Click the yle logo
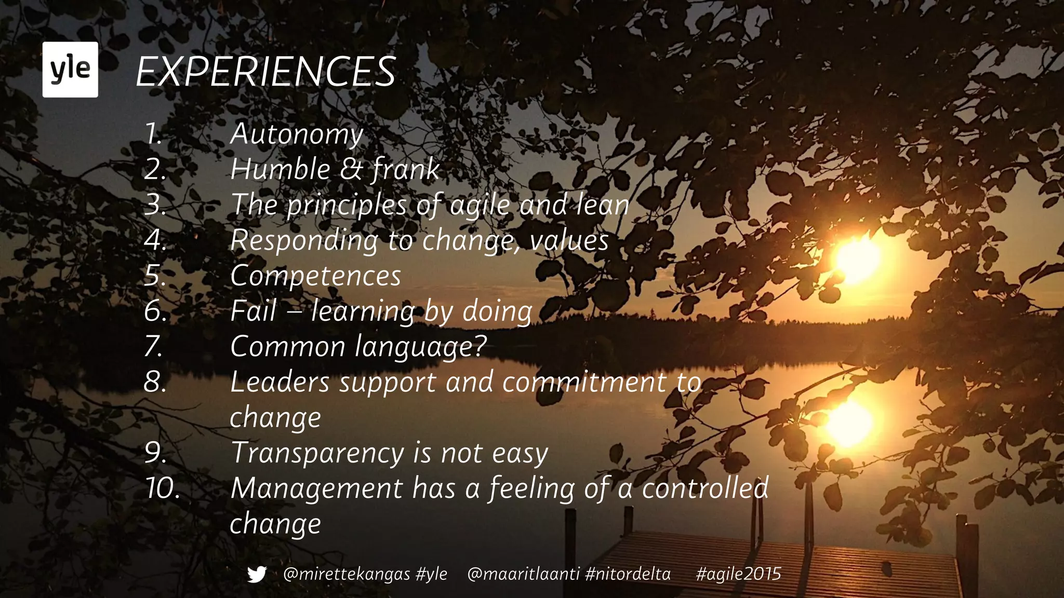[70, 70]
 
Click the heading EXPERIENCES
[266, 72]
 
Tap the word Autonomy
[297, 134]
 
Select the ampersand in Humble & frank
[351, 169]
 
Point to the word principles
[347, 205]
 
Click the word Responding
[305, 240]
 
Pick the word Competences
[315, 276]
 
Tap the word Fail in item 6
[253, 311]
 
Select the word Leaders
[280, 382]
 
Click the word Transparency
[317, 453]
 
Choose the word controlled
[705, 488]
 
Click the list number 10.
[163, 488]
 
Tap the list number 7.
[154, 346]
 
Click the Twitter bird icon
[257, 574]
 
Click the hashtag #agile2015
[738, 574]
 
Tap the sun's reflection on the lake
[848, 423]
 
